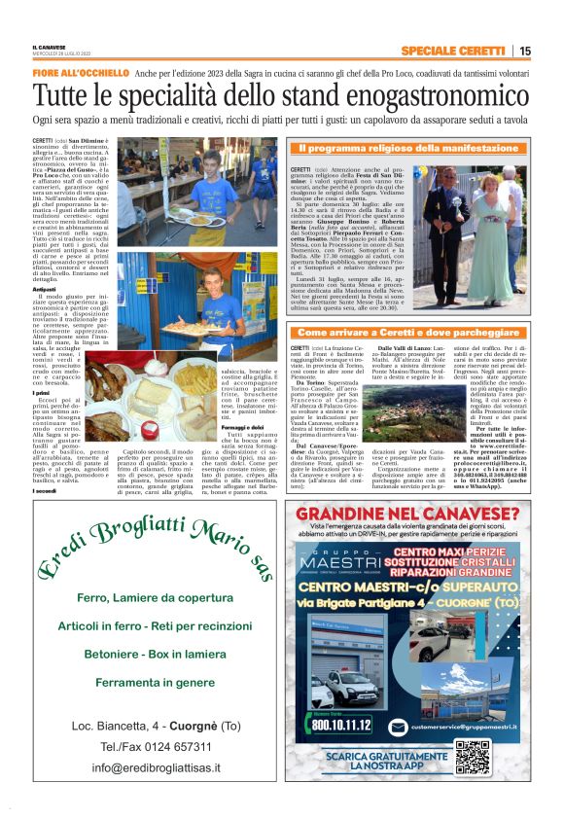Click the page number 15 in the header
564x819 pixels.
tap(525, 51)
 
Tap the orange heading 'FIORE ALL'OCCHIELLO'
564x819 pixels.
tap(81, 73)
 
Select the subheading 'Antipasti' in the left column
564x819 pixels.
tap(45, 289)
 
